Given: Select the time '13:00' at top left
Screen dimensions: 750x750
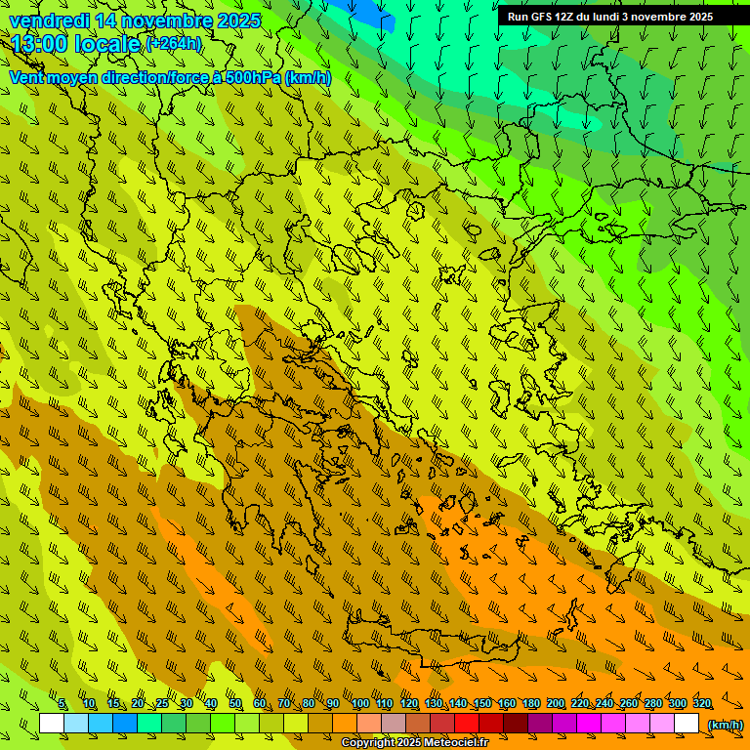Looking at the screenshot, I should (x=42, y=44).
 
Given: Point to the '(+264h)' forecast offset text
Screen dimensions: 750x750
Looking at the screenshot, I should (x=174, y=43).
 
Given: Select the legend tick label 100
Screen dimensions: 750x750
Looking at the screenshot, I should (x=359, y=704).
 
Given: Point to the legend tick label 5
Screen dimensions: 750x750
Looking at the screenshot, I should (x=62, y=704).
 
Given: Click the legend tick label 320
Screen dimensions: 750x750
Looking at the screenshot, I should (x=702, y=704).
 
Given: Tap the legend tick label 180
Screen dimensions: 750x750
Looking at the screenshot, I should (x=530, y=704).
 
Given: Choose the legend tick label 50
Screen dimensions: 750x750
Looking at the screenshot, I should (x=235, y=704).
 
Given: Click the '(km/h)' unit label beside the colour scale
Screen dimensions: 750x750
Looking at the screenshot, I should (x=725, y=725).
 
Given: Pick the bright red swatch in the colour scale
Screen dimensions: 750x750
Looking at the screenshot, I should (x=467, y=724).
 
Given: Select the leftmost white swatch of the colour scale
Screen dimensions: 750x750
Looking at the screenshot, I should (x=52, y=724).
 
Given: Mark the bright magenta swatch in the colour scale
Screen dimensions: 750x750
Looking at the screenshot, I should (x=589, y=724).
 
